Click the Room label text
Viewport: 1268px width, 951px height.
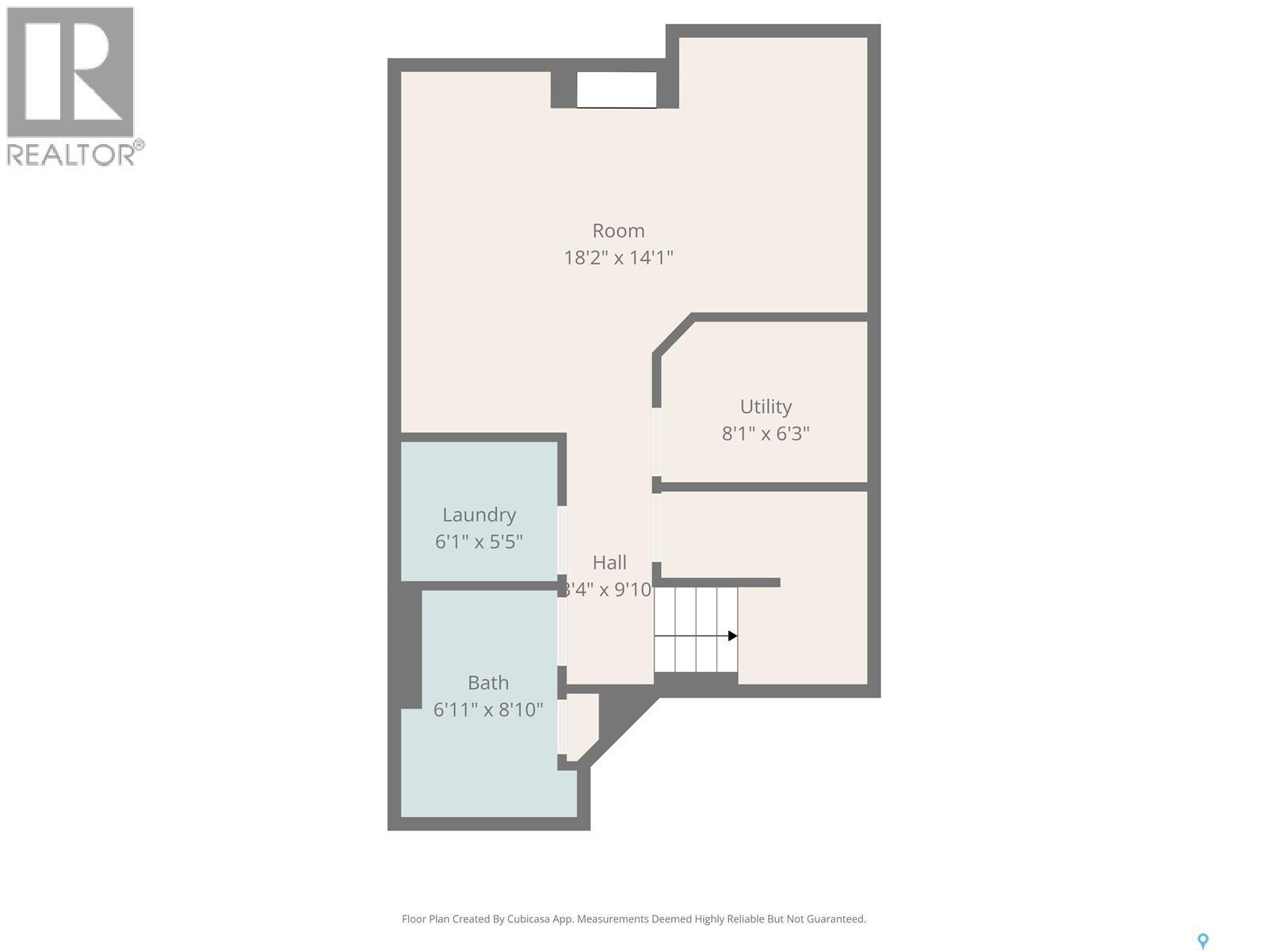pyautogui.click(x=618, y=231)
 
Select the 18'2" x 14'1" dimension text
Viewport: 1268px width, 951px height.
pyautogui.click(x=618, y=258)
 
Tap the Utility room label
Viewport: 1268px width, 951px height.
pyautogui.click(x=766, y=407)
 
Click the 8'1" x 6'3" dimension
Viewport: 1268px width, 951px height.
pyautogui.click(x=766, y=433)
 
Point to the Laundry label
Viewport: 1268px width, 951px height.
pyautogui.click(x=479, y=515)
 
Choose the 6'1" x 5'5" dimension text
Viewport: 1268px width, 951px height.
pyautogui.click(x=479, y=542)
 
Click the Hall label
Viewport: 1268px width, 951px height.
pyautogui.click(x=609, y=563)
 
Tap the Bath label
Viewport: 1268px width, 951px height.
pyautogui.click(x=488, y=682)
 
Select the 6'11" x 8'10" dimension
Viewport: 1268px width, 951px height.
pyautogui.click(x=488, y=709)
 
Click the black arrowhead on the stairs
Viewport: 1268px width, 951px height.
pyautogui.click(x=732, y=636)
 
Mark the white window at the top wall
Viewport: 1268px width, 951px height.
pyautogui.click(x=616, y=90)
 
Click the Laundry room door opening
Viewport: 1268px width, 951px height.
pyautogui.click(x=562, y=540)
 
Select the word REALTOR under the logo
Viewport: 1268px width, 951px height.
pyautogui.click(x=71, y=154)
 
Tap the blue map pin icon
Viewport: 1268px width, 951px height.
pyautogui.click(x=1202, y=941)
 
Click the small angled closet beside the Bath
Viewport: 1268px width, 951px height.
pyautogui.click(x=581, y=724)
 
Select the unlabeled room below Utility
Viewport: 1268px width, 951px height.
pyautogui.click(x=800, y=626)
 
